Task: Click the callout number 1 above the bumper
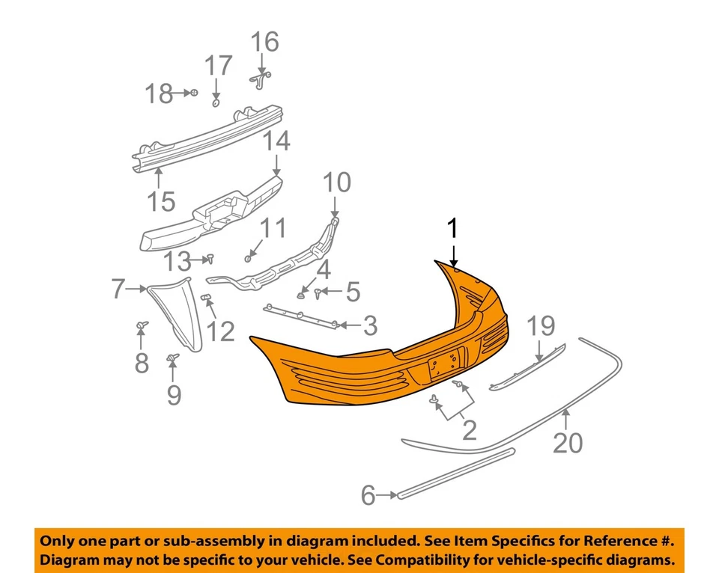(452, 230)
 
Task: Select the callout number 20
(567, 443)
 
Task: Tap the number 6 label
(368, 495)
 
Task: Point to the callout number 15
(161, 200)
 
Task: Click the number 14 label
(276, 141)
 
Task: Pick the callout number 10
(336, 182)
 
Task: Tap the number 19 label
(541, 326)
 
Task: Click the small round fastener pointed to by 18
(193, 93)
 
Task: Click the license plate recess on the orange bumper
(443, 367)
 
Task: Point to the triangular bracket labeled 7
(177, 310)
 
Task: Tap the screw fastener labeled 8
(141, 326)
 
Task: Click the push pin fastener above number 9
(173, 359)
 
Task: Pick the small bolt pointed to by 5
(320, 290)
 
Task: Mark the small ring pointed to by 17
(216, 102)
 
